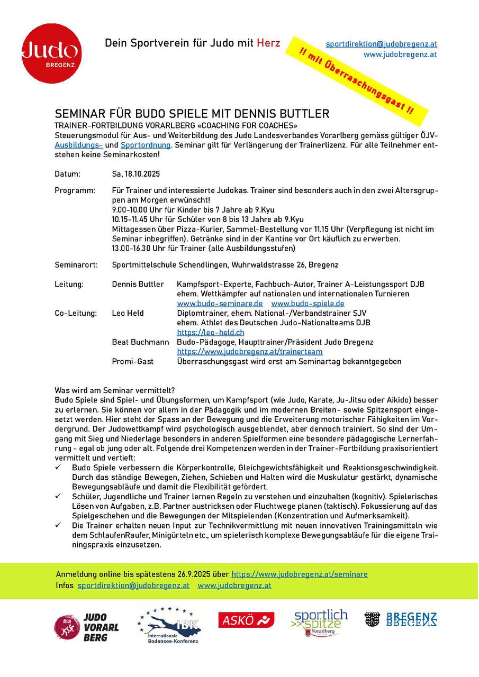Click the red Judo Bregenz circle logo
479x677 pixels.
pyautogui.click(x=51, y=53)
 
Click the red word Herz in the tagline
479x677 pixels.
pyautogui.click(x=268, y=43)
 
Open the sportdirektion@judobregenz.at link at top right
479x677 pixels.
pyautogui.click(x=381, y=44)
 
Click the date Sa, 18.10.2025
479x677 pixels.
pyautogui.click(x=136, y=174)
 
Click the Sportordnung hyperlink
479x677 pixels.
pyautogui.click(x=146, y=144)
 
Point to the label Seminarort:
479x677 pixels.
pyautogui.click(x=76, y=264)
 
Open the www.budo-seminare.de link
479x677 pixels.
pyautogui.click(x=220, y=304)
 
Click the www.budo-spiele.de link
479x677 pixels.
pyautogui.click(x=308, y=304)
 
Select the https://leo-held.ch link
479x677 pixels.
pyautogui.click(x=211, y=333)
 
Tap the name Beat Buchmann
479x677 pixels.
pyautogui.click(x=140, y=342)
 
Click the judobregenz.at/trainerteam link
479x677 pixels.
pyautogui.click(x=249, y=352)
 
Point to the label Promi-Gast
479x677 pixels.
pyautogui.click(x=133, y=362)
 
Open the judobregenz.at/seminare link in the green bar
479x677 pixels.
pyautogui.click(x=300, y=574)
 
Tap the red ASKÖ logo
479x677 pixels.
pyautogui.click(x=246, y=620)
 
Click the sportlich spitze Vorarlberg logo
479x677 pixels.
pyautogui.click(x=321, y=623)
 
